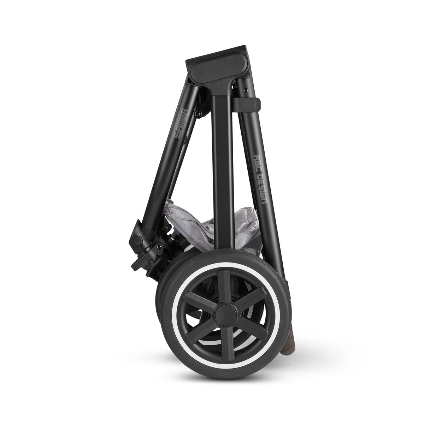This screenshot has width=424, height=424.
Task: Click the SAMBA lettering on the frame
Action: pyautogui.click(x=182, y=123)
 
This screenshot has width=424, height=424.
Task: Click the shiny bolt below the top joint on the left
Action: pyautogui.click(x=199, y=114)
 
